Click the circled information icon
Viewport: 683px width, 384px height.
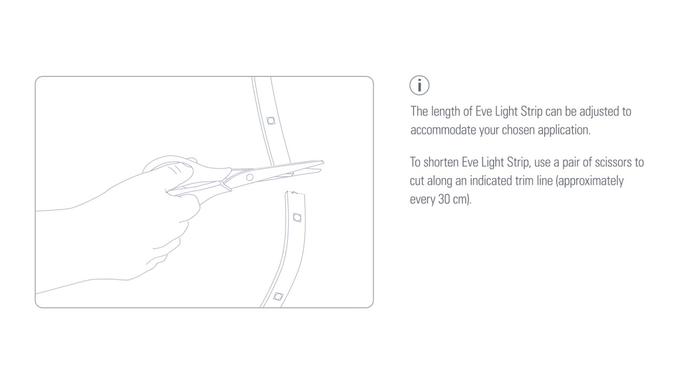[x=419, y=85]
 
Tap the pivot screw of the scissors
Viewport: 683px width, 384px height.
[x=250, y=177]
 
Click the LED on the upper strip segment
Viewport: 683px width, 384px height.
[x=271, y=121]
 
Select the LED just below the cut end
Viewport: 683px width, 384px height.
[x=297, y=218]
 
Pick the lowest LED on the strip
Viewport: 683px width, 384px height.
[x=278, y=296]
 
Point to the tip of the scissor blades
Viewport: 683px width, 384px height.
[x=323, y=162]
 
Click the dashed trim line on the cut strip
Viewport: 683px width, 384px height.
[x=296, y=193]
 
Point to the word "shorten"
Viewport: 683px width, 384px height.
[x=441, y=163]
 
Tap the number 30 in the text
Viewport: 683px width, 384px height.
[x=444, y=199]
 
